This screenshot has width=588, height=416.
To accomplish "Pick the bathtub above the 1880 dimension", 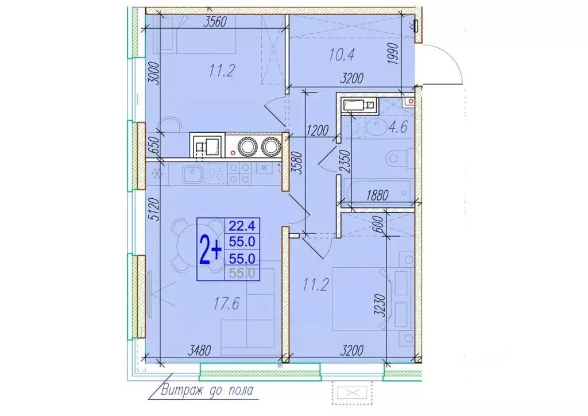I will tap(377, 188).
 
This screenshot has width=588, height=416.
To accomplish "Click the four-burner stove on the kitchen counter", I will tap(239, 174).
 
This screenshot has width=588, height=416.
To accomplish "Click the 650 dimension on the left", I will tap(152, 144).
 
